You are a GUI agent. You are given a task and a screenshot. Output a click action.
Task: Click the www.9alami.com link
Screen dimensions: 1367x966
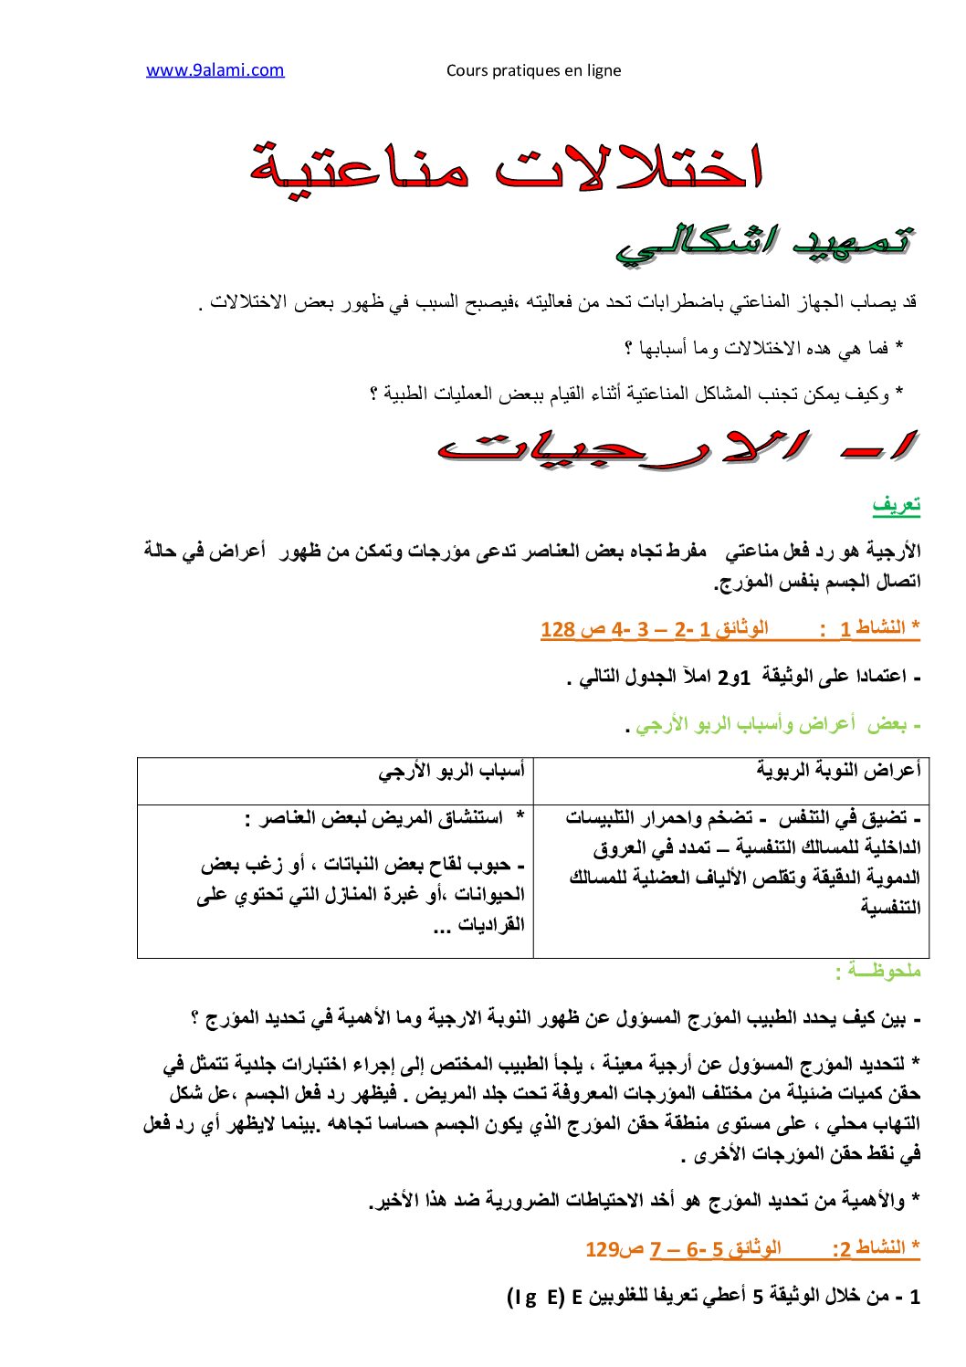pyautogui.click(x=215, y=70)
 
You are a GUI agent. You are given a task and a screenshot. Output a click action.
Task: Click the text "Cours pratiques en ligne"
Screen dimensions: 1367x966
pyautogui.click(x=533, y=71)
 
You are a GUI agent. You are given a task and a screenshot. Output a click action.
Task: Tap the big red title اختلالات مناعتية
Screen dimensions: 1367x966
pyautogui.click(x=506, y=167)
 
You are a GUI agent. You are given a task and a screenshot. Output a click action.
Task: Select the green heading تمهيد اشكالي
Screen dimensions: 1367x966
pyautogui.click(x=765, y=242)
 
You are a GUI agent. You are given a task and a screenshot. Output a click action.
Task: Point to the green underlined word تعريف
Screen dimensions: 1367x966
pyautogui.click(x=896, y=504)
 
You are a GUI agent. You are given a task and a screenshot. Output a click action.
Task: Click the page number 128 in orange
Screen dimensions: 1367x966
pyautogui.click(x=558, y=629)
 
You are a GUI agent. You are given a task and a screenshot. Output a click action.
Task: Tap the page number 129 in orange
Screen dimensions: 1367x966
pyautogui.click(x=603, y=1249)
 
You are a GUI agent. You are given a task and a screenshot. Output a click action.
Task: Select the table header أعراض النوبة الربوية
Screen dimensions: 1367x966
pyautogui.click(x=838, y=770)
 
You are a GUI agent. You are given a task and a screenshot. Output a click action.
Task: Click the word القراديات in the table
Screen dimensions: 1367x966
pyautogui.click(x=489, y=924)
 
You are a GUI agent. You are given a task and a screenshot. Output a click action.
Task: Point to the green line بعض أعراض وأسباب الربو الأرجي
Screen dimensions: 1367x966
pyautogui.click(x=772, y=725)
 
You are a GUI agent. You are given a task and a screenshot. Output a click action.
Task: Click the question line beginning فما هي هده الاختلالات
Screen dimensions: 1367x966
pyautogui.click(x=762, y=348)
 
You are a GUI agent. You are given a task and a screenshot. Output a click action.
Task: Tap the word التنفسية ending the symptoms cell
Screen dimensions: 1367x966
pyautogui.click(x=890, y=907)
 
